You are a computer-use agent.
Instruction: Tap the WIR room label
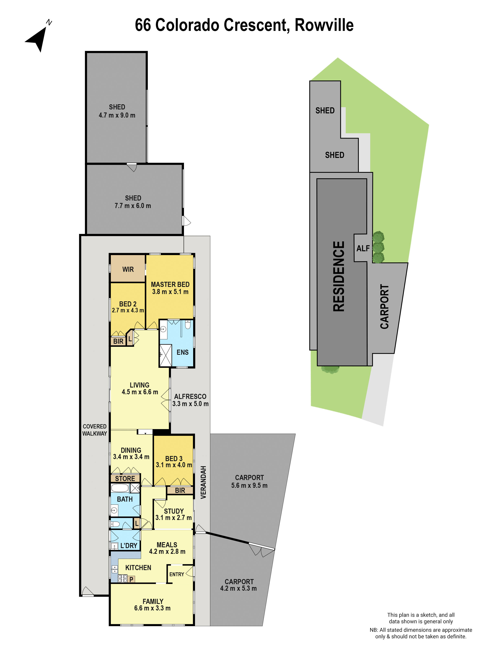click(128, 269)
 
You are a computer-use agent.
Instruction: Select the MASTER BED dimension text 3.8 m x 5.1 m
click(170, 292)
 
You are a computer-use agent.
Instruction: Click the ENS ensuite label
click(182, 352)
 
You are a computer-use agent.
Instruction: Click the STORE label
click(125, 479)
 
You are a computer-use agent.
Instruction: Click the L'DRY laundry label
click(129, 546)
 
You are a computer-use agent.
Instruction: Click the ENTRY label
click(177, 574)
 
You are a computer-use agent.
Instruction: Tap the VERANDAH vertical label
click(203, 482)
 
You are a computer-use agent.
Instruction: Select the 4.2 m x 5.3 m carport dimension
click(238, 588)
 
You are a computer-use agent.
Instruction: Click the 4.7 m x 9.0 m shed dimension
click(117, 115)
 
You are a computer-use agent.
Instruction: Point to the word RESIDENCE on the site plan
click(339, 276)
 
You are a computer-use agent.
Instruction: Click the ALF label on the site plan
click(363, 249)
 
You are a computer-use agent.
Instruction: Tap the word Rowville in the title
click(324, 25)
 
